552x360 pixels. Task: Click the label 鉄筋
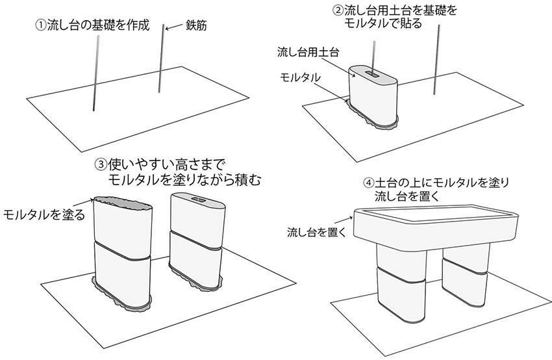196,26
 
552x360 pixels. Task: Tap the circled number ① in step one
41,25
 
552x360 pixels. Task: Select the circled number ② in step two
338,10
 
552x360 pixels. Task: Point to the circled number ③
101,164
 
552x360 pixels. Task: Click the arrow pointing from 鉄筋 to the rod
174,27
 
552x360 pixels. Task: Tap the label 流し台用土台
308,52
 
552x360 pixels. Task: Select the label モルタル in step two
300,77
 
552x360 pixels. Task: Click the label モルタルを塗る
44,214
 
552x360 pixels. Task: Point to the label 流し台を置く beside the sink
317,232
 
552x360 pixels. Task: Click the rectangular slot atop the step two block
371,73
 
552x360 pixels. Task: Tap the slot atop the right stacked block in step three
199,199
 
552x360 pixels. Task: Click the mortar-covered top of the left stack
123,203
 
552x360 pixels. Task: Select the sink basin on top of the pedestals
436,227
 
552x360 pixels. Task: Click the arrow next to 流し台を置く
343,220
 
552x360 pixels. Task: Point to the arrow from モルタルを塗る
84,202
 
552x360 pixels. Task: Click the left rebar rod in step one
95,73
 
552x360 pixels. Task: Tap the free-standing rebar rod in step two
436,60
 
